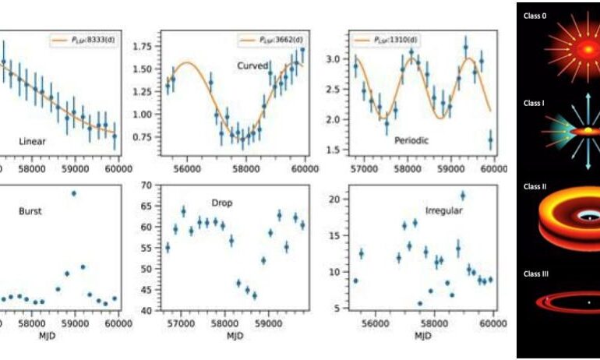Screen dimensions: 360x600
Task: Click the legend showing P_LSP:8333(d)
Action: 81,38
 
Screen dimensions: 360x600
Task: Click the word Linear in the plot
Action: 32,142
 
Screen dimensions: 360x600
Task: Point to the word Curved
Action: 252,65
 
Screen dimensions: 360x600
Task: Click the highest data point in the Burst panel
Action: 74,193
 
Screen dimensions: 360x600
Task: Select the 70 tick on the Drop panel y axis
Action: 151,185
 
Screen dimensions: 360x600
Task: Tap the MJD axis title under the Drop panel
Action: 235,337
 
